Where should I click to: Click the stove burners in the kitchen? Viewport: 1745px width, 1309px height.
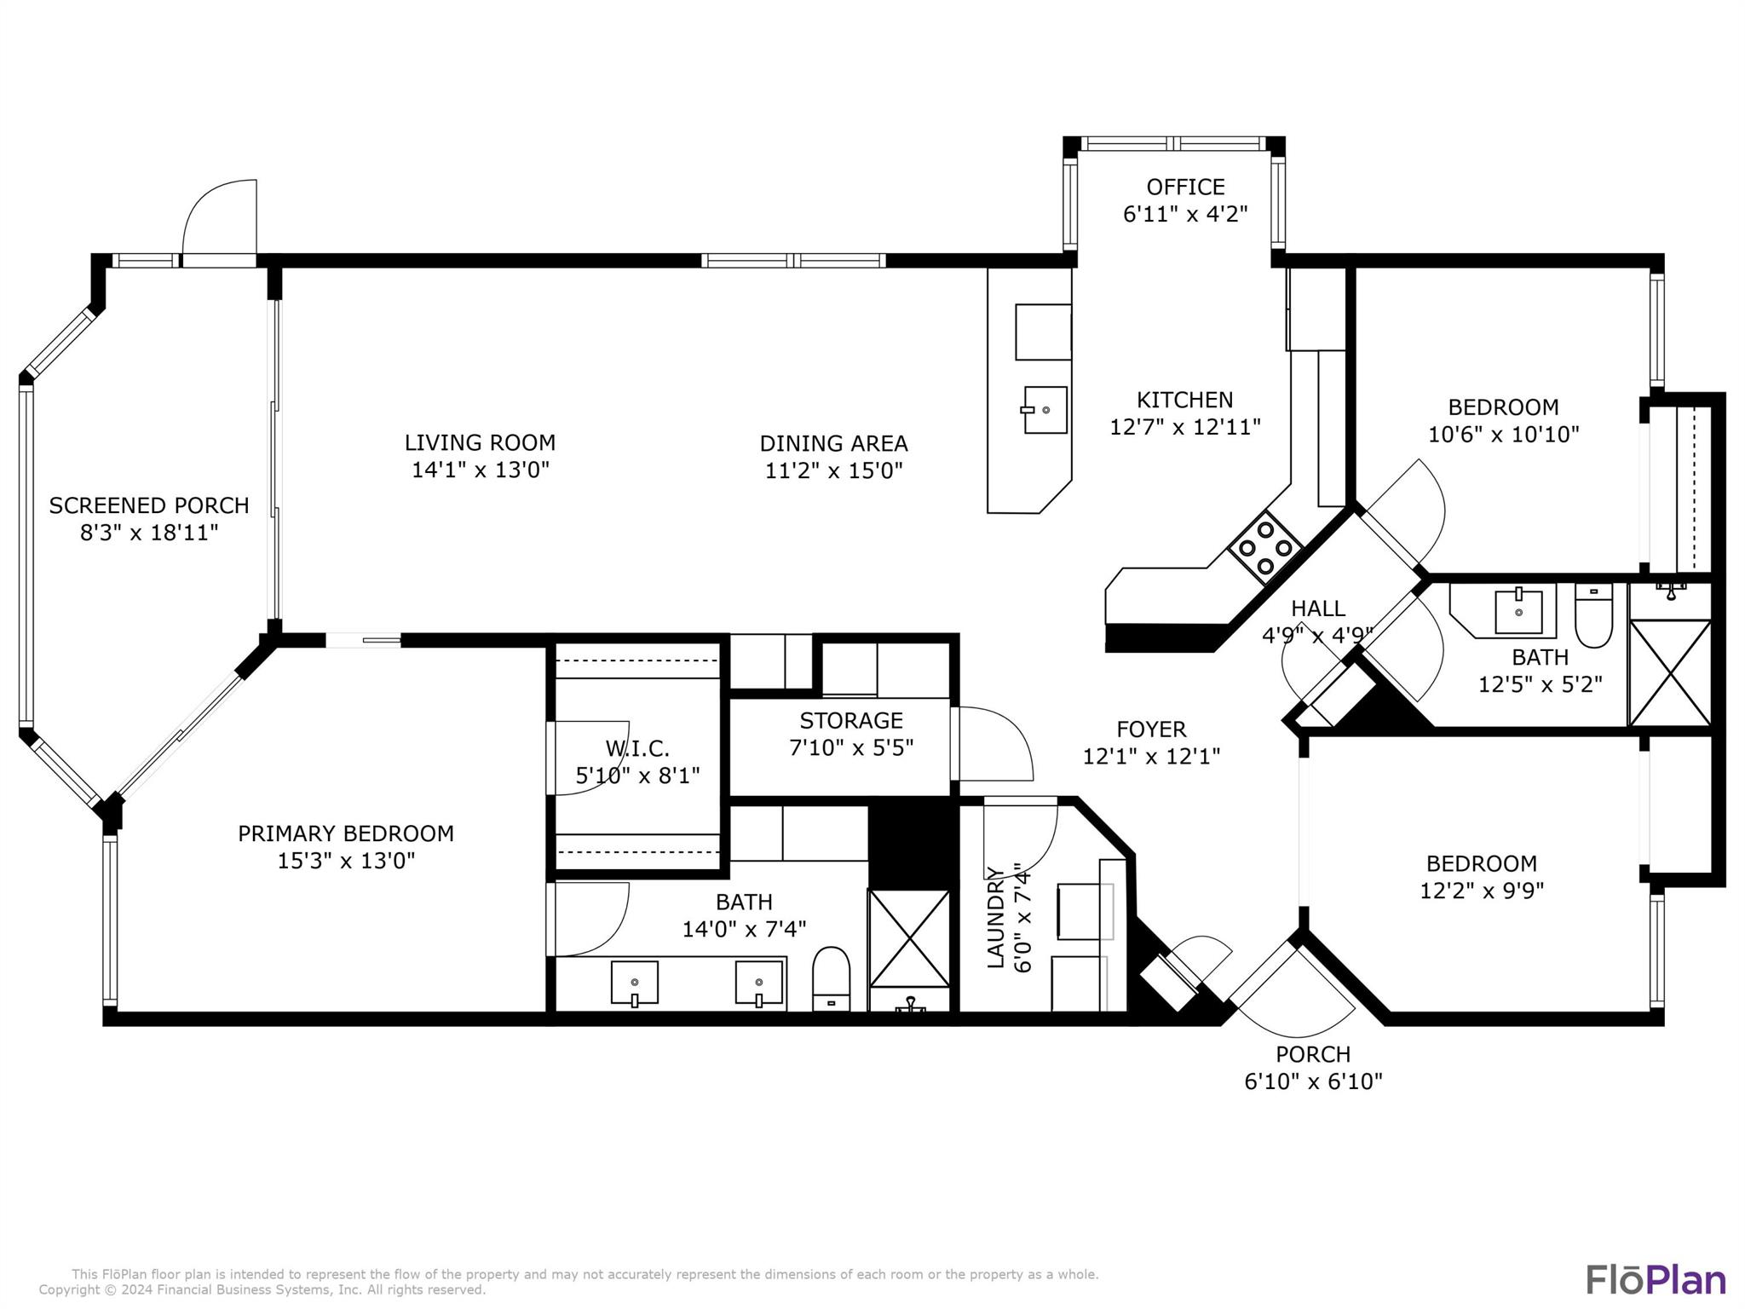pyautogui.click(x=1265, y=547)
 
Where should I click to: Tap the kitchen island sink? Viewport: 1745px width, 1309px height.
pyautogui.click(x=1045, y=410)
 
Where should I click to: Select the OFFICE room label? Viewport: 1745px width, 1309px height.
pyautogui.click(x=1185, y=187)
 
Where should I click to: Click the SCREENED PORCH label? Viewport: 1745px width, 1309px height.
pyautogui.click(x=149, y=505)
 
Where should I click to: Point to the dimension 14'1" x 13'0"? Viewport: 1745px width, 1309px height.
pyautogui.click(x=481, y=470)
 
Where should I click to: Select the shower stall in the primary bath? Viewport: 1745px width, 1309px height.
pyautogui.click(x=909, y=938)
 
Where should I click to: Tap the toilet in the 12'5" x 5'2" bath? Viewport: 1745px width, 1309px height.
pyautogui.click(x=1593, y=616)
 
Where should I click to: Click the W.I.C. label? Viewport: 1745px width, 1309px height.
pyautogui.click(x=637, y=748)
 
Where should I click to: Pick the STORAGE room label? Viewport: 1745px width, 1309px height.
pyautogui.click(x=850, y=720)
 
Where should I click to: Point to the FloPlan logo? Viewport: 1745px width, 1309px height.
pyautogui.click(x=1656, y=1280)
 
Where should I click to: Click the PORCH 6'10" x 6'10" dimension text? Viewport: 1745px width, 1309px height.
pyautogui.click(x=1313, y=1081)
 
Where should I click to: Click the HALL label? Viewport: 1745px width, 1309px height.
pyautogui.click(x=1317, y=608)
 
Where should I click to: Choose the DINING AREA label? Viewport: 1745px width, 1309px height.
pyautogui.click(x=833, y=443)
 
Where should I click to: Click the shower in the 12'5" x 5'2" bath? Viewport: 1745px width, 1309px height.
pyautogui.click(x=1669, y=673)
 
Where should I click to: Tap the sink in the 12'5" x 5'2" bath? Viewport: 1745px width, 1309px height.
pyautogui.click(x=1518, y=611)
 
